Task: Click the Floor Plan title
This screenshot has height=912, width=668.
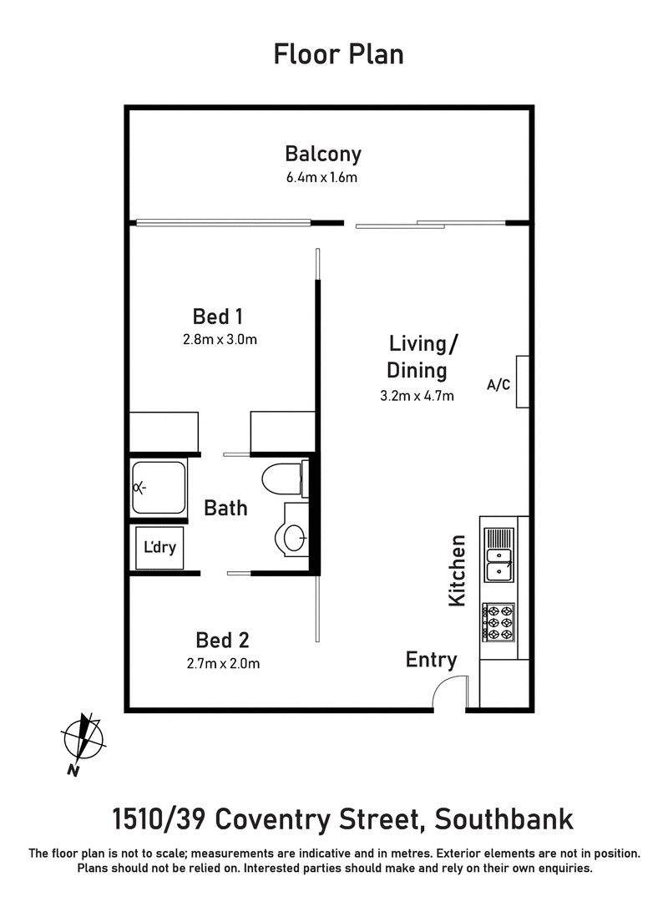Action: click(x=338, y=55)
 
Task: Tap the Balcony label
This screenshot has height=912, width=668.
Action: click(x=323, y=154)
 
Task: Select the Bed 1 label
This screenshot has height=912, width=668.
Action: click(x=217, y=317)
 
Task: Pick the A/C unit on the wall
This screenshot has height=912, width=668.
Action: click(x=522, y=382)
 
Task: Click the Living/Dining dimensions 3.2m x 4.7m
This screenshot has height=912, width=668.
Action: click(x=417, y=396)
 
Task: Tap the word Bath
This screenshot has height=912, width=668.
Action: click(x=225, y=507)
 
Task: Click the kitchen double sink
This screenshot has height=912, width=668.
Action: click(x=499, y=555)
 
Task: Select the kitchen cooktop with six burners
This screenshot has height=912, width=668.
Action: click(x=498, y=622)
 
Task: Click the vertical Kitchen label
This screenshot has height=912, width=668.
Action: click(x=458, y=571)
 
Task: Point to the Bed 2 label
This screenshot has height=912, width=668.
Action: click(x=222, y=641)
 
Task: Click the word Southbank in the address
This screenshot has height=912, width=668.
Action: click(x=504, y=818)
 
